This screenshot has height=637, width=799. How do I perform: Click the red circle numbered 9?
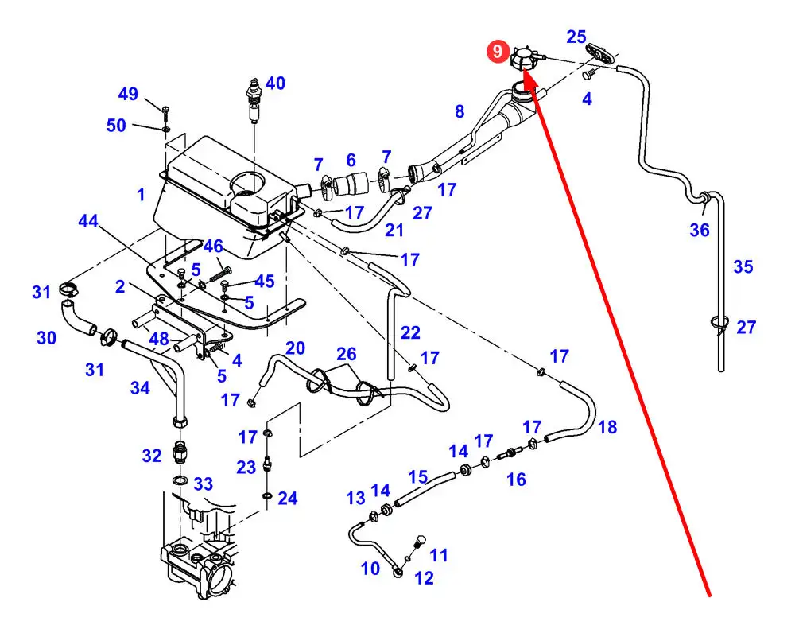point(498,52)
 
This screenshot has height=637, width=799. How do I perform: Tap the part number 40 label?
point(275,83)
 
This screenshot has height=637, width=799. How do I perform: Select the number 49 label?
point(128,95)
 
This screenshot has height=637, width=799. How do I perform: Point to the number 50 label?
point(116,126)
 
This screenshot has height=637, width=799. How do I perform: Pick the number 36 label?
point(699,230)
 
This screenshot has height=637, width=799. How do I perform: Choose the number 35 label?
point(743,266)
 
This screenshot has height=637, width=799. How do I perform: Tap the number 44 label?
point(88,222)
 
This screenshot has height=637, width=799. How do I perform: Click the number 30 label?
point(46,338)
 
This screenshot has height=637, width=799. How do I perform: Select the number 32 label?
point(152,456)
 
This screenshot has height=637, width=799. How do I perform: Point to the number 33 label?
point(204,484)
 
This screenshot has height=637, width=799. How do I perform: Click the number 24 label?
point(287,499)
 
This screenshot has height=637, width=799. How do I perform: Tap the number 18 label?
point(607,428)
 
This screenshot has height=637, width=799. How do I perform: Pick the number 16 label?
point(516,479)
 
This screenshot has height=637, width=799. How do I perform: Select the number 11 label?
point(439,555)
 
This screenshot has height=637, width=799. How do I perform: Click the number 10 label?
point(370,569)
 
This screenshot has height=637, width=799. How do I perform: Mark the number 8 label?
point(460,111)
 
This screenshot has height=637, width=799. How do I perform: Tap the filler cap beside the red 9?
point(524,60)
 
